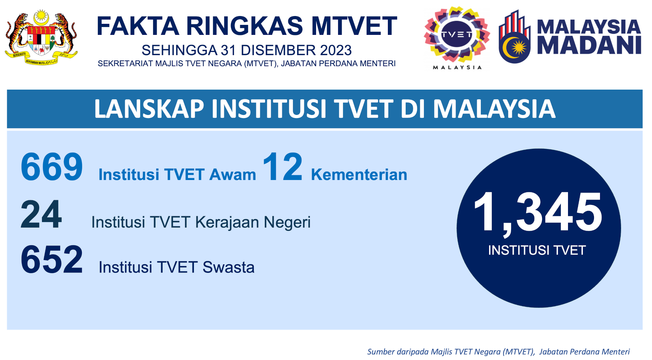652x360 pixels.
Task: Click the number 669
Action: (x=52, y=167)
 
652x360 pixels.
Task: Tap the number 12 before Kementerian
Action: (x=283, y=166)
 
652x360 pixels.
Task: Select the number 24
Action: (x=41, y=214)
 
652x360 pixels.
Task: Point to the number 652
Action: (x=52, y=260)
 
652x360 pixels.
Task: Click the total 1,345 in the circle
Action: (x=538, y=213)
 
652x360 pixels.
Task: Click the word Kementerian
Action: (x=359, y=175)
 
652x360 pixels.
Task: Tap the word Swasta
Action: (x=228, y=268)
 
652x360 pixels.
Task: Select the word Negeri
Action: (x=287, y=223)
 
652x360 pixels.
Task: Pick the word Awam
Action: (x=233, y=175)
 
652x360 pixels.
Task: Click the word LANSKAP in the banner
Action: (x=149, y=109)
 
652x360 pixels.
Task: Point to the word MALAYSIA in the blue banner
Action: (x=494, y=109)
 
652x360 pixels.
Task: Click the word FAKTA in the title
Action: (x=138, y=26)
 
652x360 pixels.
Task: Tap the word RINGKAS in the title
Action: (x=244, y=26)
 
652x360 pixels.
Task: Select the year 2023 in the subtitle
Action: (x=336, y=50)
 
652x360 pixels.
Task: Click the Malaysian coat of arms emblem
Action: (x=41, y=38)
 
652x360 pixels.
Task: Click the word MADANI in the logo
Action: (x=589, y=46)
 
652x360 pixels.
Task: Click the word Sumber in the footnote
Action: (x=381, y=352)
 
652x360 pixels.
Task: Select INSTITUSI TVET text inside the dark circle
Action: (x=537, y=250)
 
